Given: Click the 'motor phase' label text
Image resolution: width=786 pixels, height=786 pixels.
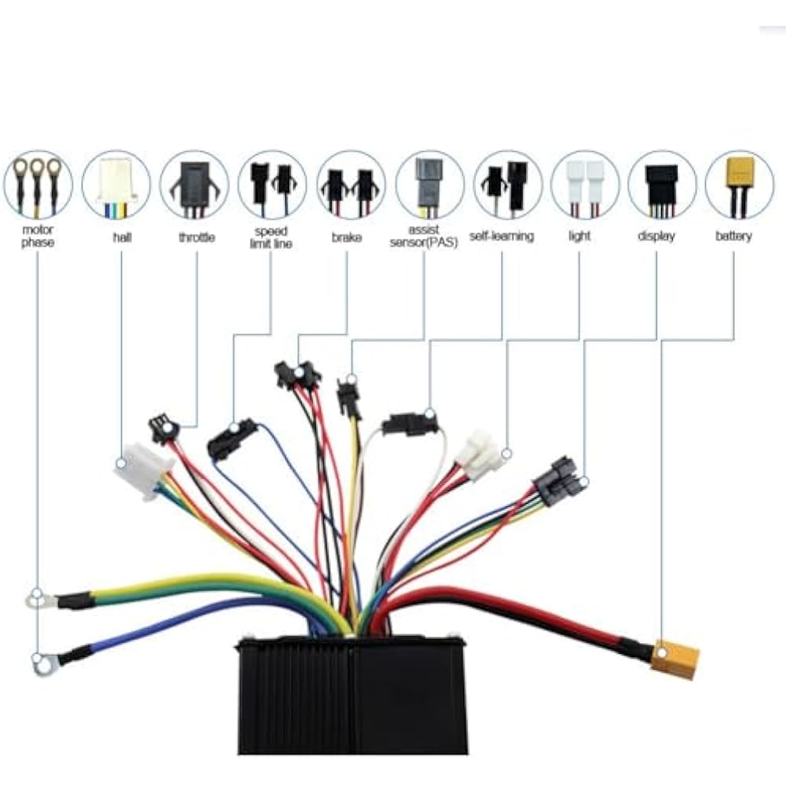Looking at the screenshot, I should pyautogui.click(x=37, y=236).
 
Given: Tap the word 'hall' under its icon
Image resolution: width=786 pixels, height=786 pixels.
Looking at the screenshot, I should pyautogui.click(x=121, y=236).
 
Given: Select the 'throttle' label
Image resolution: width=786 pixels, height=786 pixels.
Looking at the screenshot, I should pyautogui.click(x=196, y=236).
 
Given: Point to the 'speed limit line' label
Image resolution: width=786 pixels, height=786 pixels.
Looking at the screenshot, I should pyautogui.click(x=272, y=237).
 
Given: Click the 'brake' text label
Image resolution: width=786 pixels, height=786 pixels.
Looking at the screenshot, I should pyautogui.click(x=347, y=236).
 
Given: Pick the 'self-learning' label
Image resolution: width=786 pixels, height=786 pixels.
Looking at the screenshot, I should pyautogui.click(x=501, y=236).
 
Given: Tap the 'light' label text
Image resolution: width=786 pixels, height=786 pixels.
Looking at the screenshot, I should pyautogui.click(x=579, y=236).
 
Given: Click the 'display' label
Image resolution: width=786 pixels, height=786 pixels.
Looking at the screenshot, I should pyautogui.click(x=656, y=236).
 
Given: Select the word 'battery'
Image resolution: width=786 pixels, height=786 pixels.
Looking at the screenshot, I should pyautogui.click(x=733, y=236).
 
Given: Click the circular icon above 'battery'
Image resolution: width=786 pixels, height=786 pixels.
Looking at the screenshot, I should pyautogui.click(x=739, y=185).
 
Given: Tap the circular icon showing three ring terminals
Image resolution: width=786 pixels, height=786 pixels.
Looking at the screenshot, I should pyautogui.click(x=37, y=185).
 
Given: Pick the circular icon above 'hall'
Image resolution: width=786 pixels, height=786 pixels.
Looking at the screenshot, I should pyautogui.click(x=116, y=185).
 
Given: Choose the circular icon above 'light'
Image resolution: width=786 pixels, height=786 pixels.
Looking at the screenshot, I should pyautogui.click(x=585, y=185).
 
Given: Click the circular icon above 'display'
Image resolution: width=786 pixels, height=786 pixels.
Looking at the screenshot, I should pyautogui.click(x=662, y=185).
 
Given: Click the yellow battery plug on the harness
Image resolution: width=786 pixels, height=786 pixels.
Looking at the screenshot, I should pyautogui.click(x=674, y=659).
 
